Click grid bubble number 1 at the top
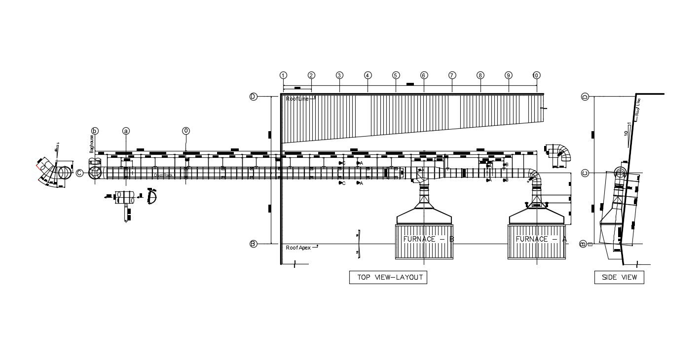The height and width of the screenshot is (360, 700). [283, 75]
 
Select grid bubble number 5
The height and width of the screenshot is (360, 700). [396, 75]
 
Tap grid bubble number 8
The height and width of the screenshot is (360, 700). [480, 75]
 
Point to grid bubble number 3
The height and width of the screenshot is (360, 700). [339, 75]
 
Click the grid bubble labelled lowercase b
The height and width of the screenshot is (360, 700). [95, 131]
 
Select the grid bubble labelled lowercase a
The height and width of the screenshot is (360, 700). [126, 131]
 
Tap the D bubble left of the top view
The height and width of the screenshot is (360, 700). [253, 97]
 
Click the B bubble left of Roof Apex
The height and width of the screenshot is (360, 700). [253, 244]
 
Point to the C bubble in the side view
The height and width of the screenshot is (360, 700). [585, 173]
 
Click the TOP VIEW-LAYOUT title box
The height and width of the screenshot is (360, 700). [388, 277]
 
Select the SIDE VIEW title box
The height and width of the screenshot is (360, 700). [619, 277]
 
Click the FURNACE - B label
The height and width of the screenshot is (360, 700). [428, 239]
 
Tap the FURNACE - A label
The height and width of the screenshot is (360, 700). [541, 239]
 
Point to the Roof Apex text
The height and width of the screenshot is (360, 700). [298, 248]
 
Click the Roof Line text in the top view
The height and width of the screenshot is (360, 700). [297, 99]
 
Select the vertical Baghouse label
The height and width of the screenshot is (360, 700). [91, 144]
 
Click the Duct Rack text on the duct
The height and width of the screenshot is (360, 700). [164, 175]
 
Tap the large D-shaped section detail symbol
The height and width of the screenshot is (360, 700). [152, 197]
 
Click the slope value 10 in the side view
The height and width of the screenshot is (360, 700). [626, 133]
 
